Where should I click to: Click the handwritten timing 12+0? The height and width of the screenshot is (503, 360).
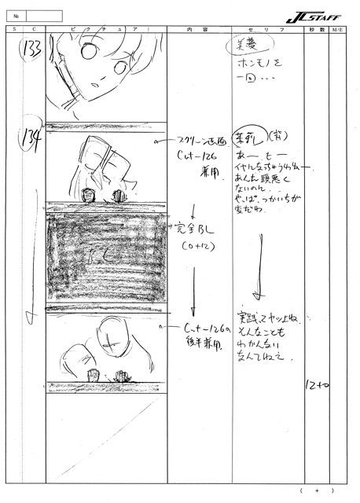[x=315, y=386]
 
